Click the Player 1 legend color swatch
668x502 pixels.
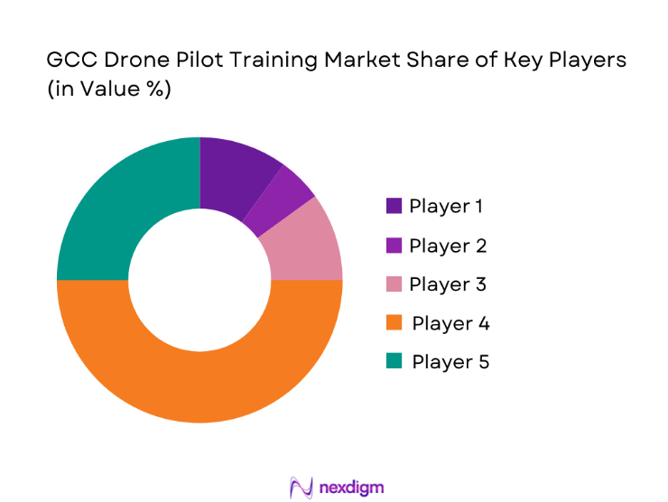[394, 206]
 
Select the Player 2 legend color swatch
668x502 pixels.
[394, 246]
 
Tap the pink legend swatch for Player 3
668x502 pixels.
[394, 284]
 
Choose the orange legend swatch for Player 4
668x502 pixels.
[394, 323]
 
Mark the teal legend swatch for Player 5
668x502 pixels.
[394, 362]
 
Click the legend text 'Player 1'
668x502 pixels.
[446, 206]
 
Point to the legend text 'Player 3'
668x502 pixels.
[448, 284]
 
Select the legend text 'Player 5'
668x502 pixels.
[450, 362]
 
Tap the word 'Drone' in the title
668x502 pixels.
[128, 61]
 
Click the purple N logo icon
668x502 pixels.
[301, 487]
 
